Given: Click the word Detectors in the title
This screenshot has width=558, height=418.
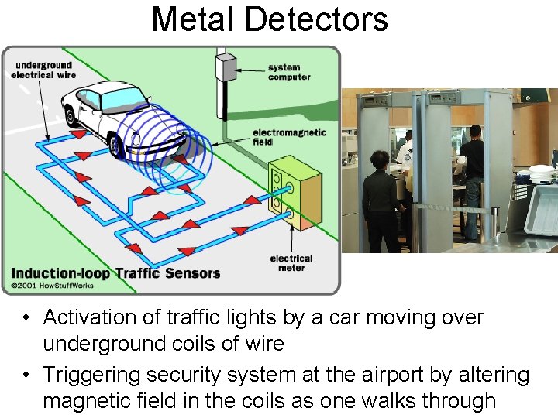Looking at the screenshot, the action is click(x=325, y=19).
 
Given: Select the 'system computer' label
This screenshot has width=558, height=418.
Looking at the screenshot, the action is click(x=289, y=72).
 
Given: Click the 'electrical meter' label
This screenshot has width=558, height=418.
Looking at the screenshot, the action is click(x=291, y=263).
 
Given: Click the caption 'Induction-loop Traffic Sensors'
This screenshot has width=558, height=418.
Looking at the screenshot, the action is click(x=115, y=273).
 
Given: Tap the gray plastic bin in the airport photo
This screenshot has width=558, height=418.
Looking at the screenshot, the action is click(x=541, y=207).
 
